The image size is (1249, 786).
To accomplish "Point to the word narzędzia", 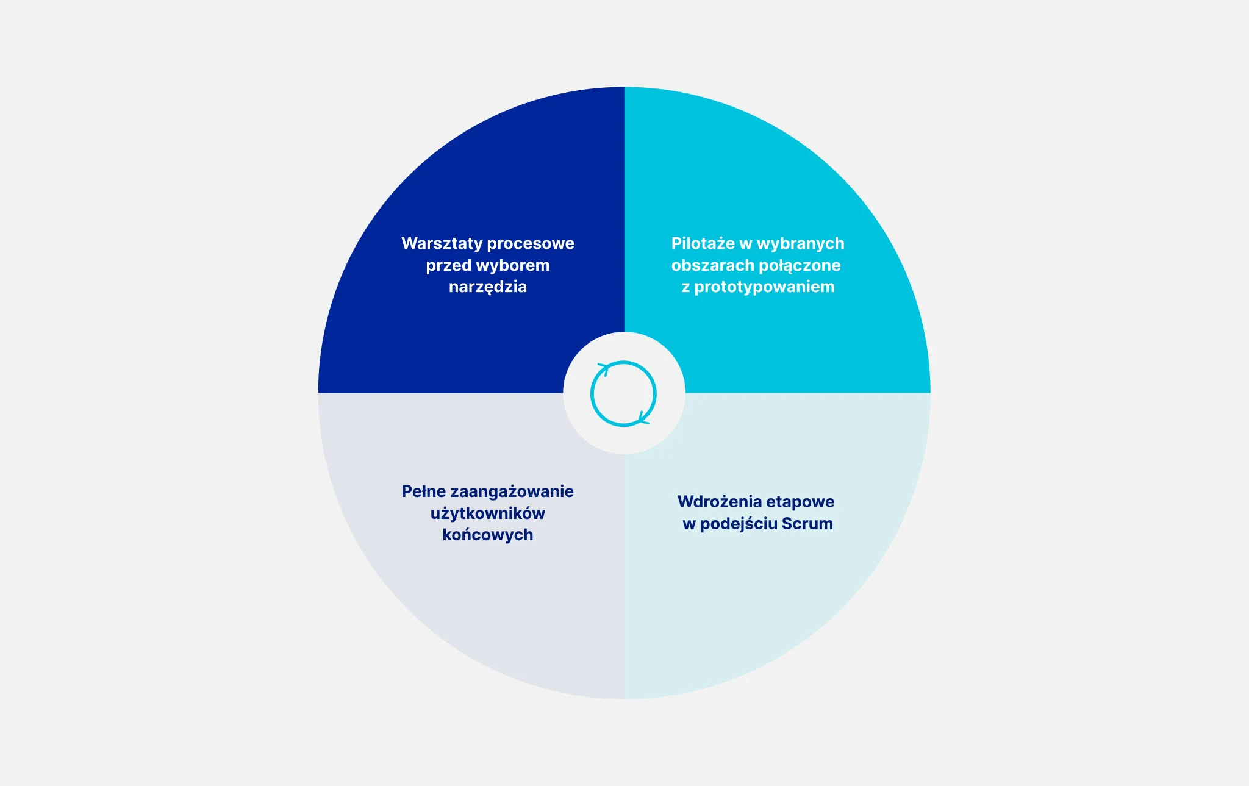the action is click(x=488, y=287).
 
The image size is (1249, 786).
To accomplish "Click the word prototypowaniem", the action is click(x=765, y=287).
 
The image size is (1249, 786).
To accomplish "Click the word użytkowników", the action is click(x=488, y=513).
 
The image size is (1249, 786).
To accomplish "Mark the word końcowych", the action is click(x=488, y=535).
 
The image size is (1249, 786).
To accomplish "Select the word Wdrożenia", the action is click(x=720, y=502).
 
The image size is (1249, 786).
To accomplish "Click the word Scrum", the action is click(x=807, y=524).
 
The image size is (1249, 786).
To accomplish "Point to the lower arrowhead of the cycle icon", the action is click(x=643, y=418).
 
